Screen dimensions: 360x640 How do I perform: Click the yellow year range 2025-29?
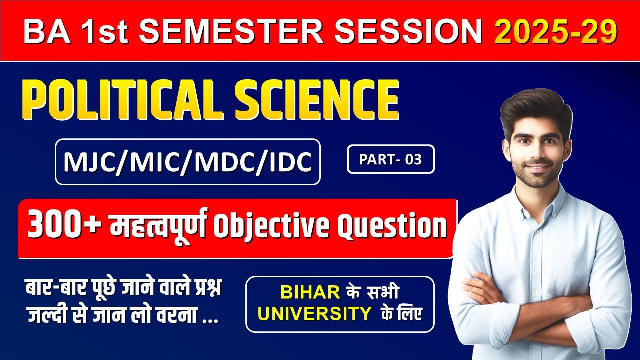pos(555,31)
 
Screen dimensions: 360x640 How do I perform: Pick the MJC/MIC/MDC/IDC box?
pos(187,162)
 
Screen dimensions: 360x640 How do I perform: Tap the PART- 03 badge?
pos(390,159)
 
